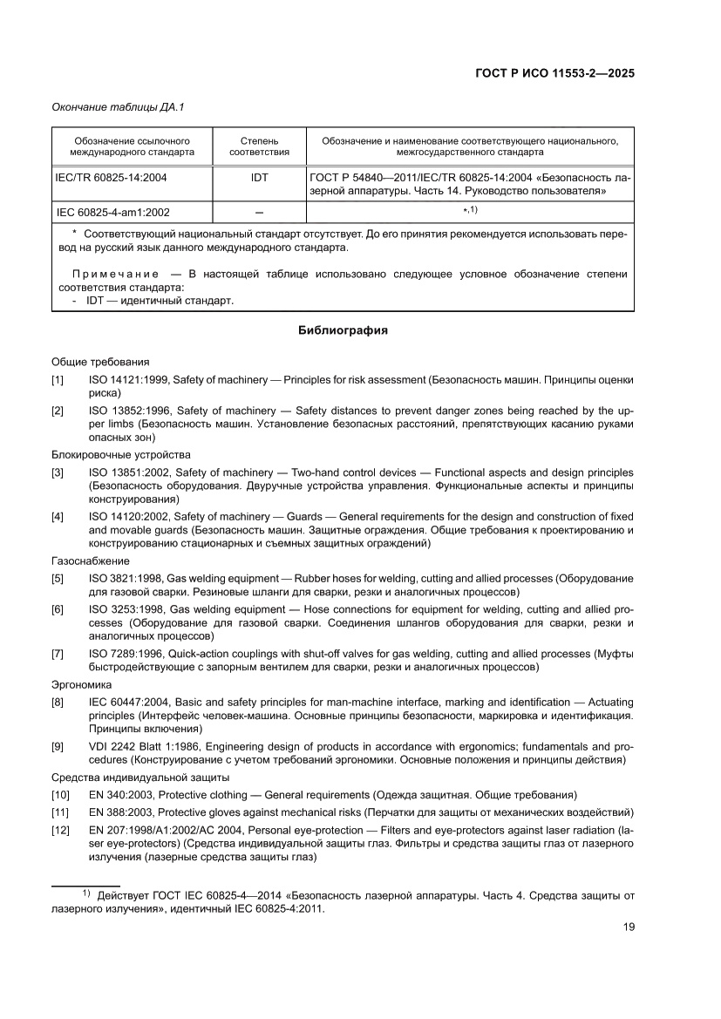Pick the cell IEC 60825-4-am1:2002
coord(113,212)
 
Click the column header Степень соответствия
coord(259,146)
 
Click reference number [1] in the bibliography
coord(58,380)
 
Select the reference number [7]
coord(58,654)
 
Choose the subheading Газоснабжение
coord(91,560)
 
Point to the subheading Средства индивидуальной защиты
coord(140,777)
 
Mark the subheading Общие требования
coord(100,361)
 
